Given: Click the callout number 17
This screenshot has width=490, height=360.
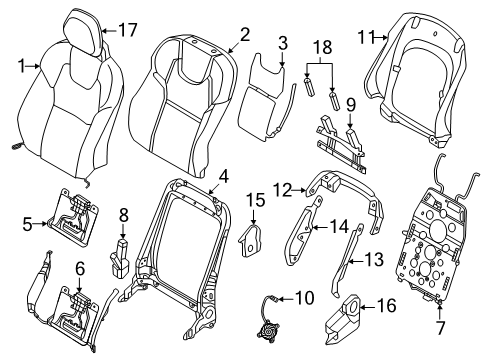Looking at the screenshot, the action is click(128, 30).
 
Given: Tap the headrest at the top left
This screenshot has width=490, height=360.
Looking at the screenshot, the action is click(84, 31).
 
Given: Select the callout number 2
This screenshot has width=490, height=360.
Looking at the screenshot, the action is click(245, 35).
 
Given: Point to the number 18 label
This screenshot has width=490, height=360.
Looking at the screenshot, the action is click(323, 47).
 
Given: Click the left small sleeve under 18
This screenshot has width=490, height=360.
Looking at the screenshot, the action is click(310, 88).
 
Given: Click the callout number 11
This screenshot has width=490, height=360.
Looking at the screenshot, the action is click(366, 37).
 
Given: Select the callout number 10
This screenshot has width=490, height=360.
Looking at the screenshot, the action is click(305, 298).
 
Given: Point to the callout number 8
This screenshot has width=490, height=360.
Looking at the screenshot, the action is click(124, 216).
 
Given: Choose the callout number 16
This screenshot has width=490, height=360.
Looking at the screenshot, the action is click(387, 306).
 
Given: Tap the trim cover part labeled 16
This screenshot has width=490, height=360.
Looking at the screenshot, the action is click(342, 318).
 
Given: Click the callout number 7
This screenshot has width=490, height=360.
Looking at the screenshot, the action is click(441, 328).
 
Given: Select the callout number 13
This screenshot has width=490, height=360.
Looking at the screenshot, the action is click(374, 260).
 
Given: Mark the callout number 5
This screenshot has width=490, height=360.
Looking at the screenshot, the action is click(28, 224).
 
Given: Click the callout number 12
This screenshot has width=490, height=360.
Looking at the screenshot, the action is click(282, 191).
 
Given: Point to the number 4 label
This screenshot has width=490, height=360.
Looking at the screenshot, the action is click(224, 176).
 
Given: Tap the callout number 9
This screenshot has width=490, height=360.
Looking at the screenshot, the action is click(351, 105).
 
